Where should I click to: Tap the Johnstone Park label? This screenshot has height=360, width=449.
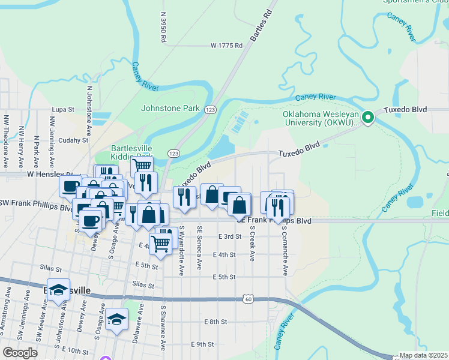point(170,109)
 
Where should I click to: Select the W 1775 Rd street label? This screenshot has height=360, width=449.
point(226,46)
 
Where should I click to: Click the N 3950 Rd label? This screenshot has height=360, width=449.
point(163,27)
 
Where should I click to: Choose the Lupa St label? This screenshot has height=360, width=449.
point(62,110)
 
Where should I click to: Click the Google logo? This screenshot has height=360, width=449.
point(20,353)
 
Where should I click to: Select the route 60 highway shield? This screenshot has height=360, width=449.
point(249,298)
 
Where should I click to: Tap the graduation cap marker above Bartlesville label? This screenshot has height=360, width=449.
point(58,290)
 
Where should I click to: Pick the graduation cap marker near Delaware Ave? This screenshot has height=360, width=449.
point(117,320)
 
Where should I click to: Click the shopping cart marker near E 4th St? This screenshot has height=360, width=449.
point(160,244)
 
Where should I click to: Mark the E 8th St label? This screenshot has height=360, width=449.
point(214,322)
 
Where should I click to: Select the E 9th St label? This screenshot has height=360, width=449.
point(202,344)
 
